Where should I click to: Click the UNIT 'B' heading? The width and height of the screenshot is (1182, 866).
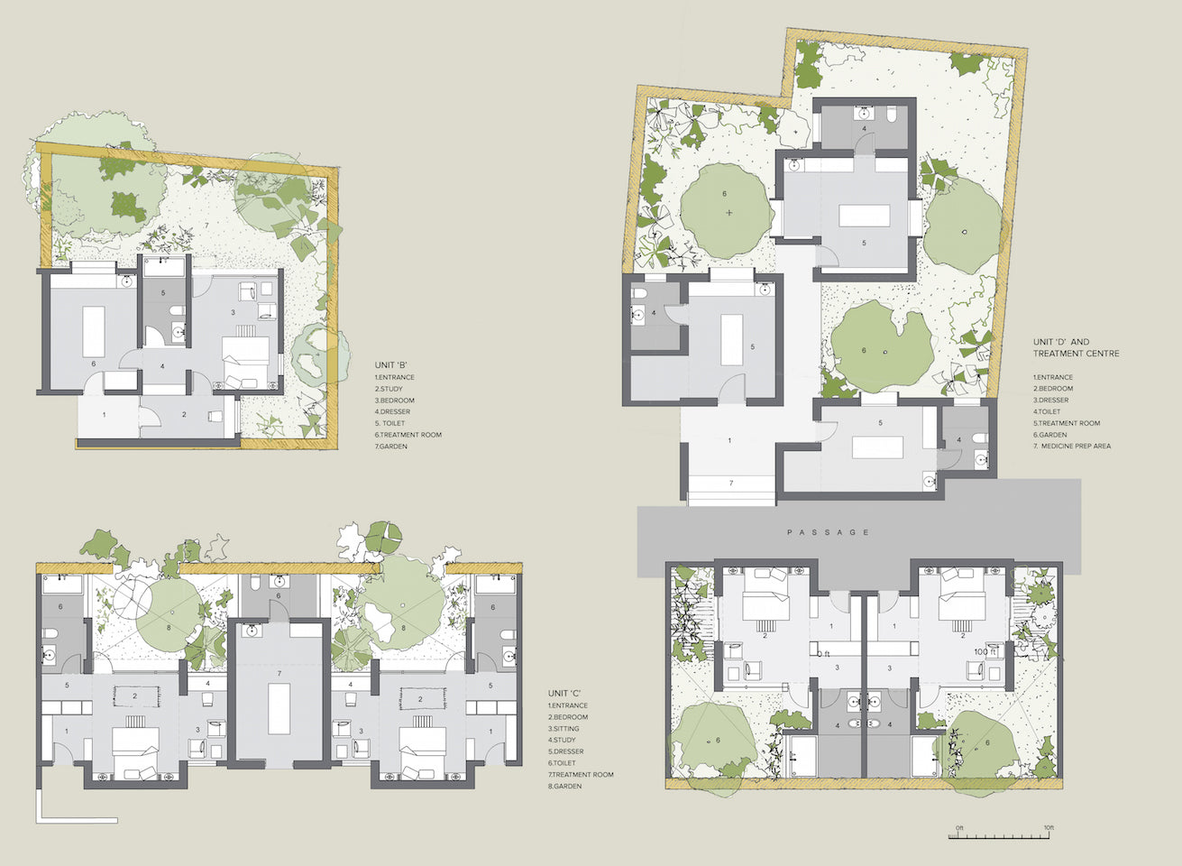tap(391, 364)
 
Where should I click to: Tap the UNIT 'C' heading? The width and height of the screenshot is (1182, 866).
tap(564, 694)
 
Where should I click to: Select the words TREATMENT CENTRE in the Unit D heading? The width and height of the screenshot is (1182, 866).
tap(1076, 354)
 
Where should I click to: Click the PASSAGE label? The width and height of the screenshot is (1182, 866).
tap(828, 532)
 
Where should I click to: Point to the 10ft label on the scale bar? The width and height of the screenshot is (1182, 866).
tap(1049, 827)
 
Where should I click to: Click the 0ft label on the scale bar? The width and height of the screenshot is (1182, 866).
tap(959, 827)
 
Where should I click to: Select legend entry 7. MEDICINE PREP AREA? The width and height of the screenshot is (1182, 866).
tap(1072, 447)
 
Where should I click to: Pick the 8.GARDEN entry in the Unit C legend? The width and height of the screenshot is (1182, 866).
tap(564, 787)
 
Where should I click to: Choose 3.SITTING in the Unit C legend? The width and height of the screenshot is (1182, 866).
tap(564, 729)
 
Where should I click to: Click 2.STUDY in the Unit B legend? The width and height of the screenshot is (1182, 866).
tap(389, 389)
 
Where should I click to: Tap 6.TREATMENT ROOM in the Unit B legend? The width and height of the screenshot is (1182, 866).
tap(408, 435)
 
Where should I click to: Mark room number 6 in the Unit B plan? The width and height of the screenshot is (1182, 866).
tap(94, 364)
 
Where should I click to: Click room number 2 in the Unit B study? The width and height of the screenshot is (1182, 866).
tap(184, 415)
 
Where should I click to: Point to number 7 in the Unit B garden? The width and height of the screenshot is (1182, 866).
tap(206, 226)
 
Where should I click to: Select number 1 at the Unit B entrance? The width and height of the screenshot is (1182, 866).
tap(104, 415)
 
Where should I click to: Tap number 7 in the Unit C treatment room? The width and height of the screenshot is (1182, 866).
tap(279, 673)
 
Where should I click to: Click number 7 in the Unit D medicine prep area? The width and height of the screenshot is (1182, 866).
tap(731, 484)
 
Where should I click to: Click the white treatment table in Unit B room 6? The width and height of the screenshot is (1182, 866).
tap(94, 331)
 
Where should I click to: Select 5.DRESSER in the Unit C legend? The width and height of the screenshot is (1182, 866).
tap(565, 751)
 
